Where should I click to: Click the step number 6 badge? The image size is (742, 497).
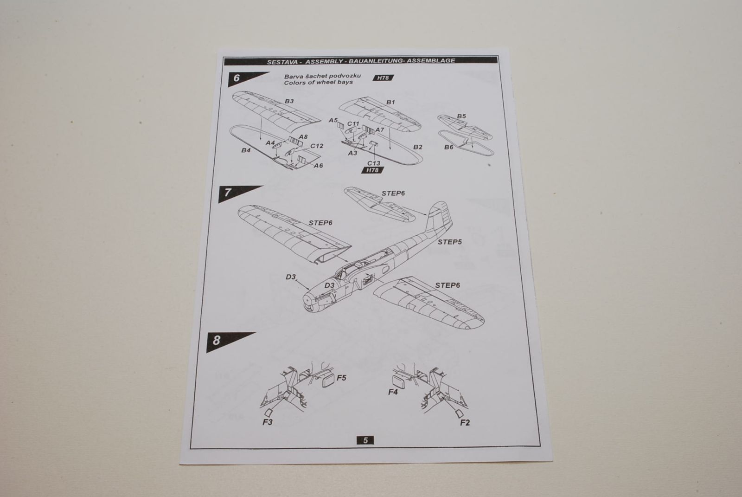tap(237, 78)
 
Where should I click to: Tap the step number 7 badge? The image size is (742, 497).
tap(228, 193)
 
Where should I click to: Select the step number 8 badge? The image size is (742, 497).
tap(217, 341)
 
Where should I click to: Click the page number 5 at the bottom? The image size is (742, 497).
tap(365, 440)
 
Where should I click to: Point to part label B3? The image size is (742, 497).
tap(289, 101)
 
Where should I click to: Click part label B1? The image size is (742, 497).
tap(390, 102)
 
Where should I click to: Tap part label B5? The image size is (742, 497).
tap(461, 116)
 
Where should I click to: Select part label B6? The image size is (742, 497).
tap(448, 147)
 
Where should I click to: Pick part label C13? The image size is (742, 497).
tap(374, 163)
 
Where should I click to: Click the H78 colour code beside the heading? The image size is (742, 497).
tap(383, 78)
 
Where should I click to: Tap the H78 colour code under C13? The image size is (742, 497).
tap(372, 170)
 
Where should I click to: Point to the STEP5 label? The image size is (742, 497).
tap(449, 242)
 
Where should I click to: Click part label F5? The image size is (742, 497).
tap(341, 378)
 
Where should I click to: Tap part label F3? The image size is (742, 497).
tap(268, 422)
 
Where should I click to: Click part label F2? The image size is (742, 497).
tap(465, 423)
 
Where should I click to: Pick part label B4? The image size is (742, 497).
tap(246, 151)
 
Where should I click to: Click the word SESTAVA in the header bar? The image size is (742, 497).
tap(279, 61)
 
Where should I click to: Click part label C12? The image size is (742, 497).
tap(317, 146)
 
